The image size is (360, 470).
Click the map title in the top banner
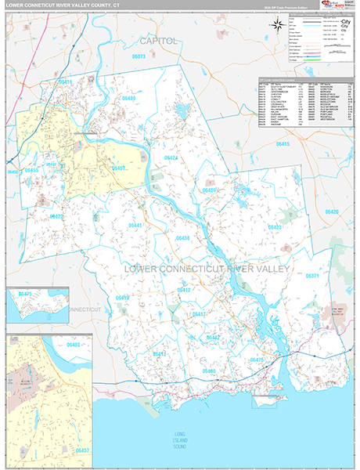[x=63, y=5]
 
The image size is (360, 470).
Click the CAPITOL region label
[x=159, y=40]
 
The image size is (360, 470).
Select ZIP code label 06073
[x=139, y=56]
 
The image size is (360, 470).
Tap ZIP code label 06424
[x=171, y=158]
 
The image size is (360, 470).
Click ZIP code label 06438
[x=182, y=238]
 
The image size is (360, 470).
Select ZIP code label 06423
[x=275, y=227]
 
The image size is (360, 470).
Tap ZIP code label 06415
[x=283, y=145]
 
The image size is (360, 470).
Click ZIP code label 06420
[x=332, y=212]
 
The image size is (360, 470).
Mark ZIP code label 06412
[x=184, y=290]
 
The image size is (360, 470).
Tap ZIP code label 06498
[x=209, y=370]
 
